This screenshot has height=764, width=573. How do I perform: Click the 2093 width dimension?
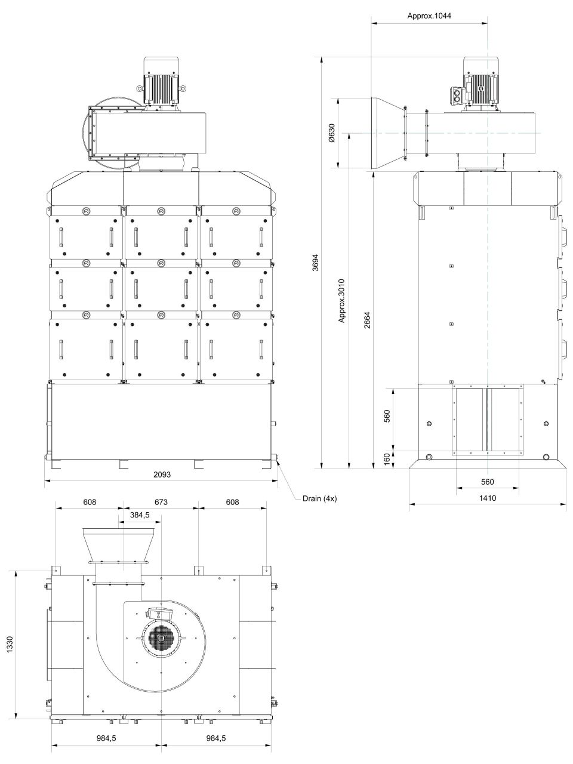pyautogui.click(x=162, y=474)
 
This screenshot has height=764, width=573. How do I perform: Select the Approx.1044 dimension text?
pyautogui.click(x=429, y=16)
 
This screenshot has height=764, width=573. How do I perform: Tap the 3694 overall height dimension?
pyautogui.click(x=315, y=263)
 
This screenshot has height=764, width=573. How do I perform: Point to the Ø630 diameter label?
pyautogui.click(x=331, y=133)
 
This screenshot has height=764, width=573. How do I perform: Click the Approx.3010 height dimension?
pyautogui.click(x=341, y=301)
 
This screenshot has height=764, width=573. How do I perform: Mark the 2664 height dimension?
pyautogui.click(x=368, y=320)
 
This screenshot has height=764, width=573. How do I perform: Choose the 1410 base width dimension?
pyautogui.click(x=488, y=498)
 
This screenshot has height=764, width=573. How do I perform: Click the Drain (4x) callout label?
pyautogui.click(x=319, y=498)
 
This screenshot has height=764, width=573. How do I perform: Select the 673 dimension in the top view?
pyautogui.click(x=161, y=502)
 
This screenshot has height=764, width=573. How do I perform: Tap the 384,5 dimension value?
pyautogui.click(x=140, y=515)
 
